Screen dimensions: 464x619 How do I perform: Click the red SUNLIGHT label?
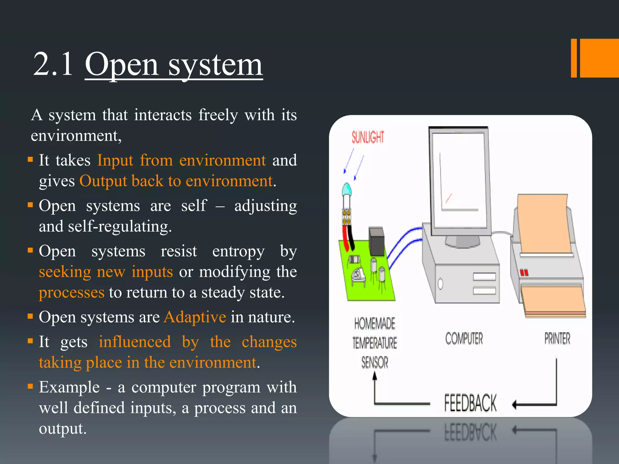click(x=368, y=137)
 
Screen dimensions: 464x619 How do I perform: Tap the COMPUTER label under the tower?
click(x=464, y=338)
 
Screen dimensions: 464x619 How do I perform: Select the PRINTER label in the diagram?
click(x=557, y=338)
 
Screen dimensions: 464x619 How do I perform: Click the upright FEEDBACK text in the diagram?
click(x=470, y=403)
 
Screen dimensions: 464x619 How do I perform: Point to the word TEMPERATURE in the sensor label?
click(x=374, y=343)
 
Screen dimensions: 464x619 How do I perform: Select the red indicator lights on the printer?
click(x=524, y=272)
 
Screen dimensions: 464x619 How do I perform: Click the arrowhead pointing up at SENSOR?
click(x=375, y=375)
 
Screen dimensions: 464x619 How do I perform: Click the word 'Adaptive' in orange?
click(x=195, y=317)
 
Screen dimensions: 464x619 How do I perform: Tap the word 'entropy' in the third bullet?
click(x=238, y=251)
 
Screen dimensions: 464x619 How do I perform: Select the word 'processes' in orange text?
click(x=72, y=292)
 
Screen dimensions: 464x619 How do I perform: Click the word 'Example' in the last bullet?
click(x=69, y=387)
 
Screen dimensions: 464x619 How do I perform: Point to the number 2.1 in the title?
click(x=53, y=64)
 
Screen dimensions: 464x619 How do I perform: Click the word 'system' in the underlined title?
click(x=215, y=65)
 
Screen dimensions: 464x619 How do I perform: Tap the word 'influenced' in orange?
click(x=135, y=342)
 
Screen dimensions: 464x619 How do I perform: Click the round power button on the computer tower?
click(x=440, y=284)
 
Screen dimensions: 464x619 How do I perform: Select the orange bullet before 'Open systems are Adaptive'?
click(x=30, y=316)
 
